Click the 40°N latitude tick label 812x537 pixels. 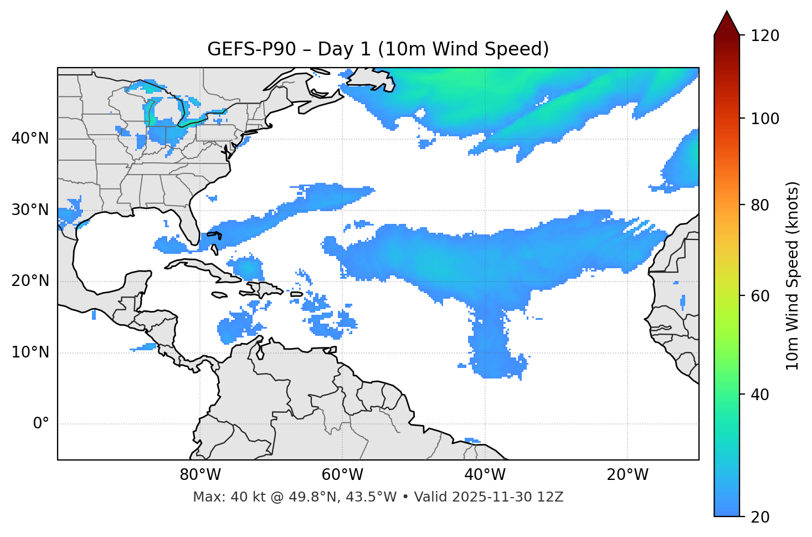[x=30, y=139]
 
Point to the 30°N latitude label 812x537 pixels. [x=30, y=210]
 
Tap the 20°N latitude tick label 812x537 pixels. [x=30, y=281]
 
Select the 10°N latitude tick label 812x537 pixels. [x=30, y=352]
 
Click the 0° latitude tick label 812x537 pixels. [x=41, y=424]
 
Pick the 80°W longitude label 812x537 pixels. [x=200, y=475]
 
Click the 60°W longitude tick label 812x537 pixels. [x=342, y=475]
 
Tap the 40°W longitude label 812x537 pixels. [x=485, y=475]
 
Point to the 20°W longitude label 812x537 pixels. [x=628, y=475]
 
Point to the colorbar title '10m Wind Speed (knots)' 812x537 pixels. [x=793, y=276]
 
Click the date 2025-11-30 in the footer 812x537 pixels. [x=492, y=497]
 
